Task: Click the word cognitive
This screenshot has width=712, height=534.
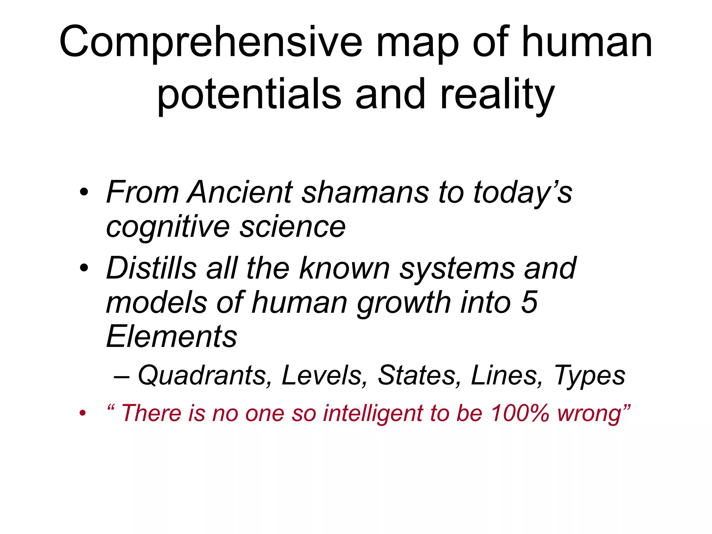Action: pyautogui.click(x=168, y=227)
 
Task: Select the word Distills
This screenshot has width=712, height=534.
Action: pyautogui.click(x=152, y=268)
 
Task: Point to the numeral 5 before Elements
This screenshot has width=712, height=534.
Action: pyautogui.click(x=529, y=302)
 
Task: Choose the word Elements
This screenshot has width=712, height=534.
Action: pyautogui.click(x=172, y=336)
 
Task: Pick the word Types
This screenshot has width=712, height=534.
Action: pyautogui.click(x=589, y=375)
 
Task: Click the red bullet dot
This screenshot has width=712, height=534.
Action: pyautogui.click(x=82, y=413)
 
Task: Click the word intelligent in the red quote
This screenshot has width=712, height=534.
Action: pyautogui.click(x=372, y=413)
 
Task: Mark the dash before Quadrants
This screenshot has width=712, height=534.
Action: pyautogui.click(x=122, y=376)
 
